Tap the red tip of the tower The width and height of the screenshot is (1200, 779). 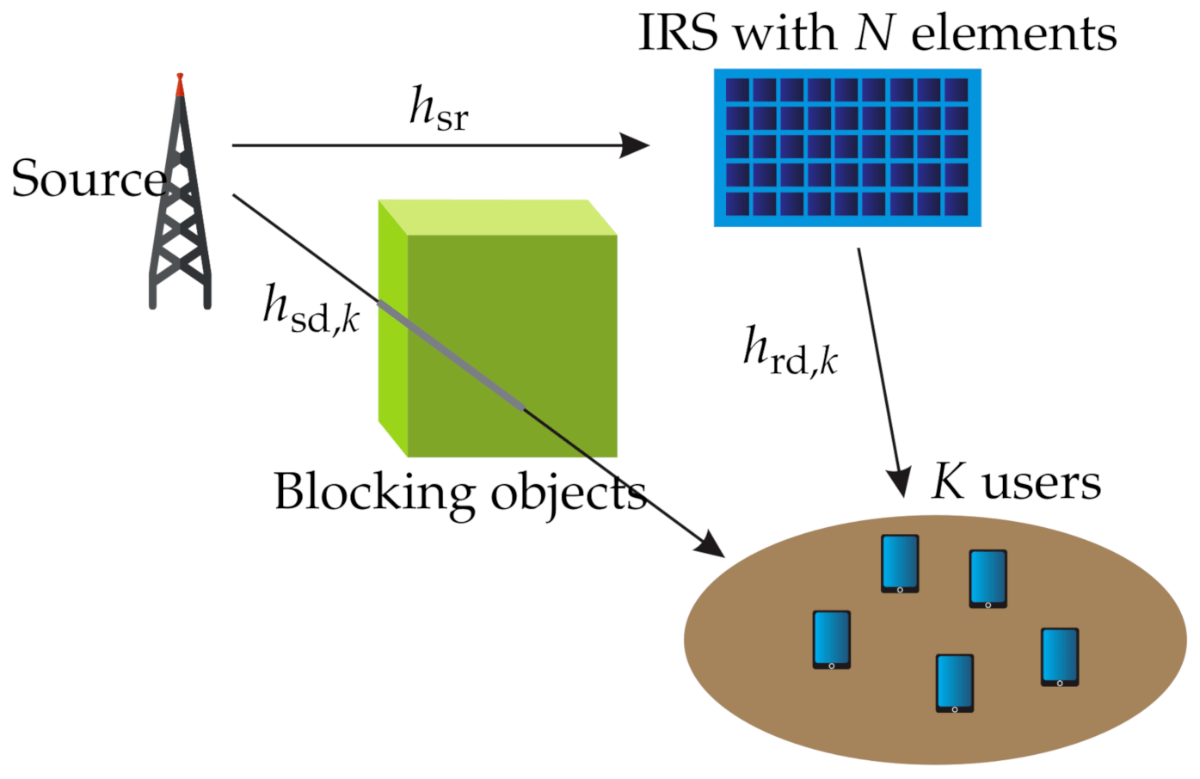(x=180, y=84)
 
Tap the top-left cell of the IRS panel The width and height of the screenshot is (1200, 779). (x=737, y=90)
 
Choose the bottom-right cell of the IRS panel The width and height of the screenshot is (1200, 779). (x=956, y=204)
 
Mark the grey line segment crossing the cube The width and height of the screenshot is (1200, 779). (x=452, y=354)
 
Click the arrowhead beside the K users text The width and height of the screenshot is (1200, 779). (x=899, y=483)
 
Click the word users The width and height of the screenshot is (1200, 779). (x=1041, y=482)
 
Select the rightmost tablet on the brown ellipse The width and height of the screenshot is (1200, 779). (x=1060, y=657)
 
